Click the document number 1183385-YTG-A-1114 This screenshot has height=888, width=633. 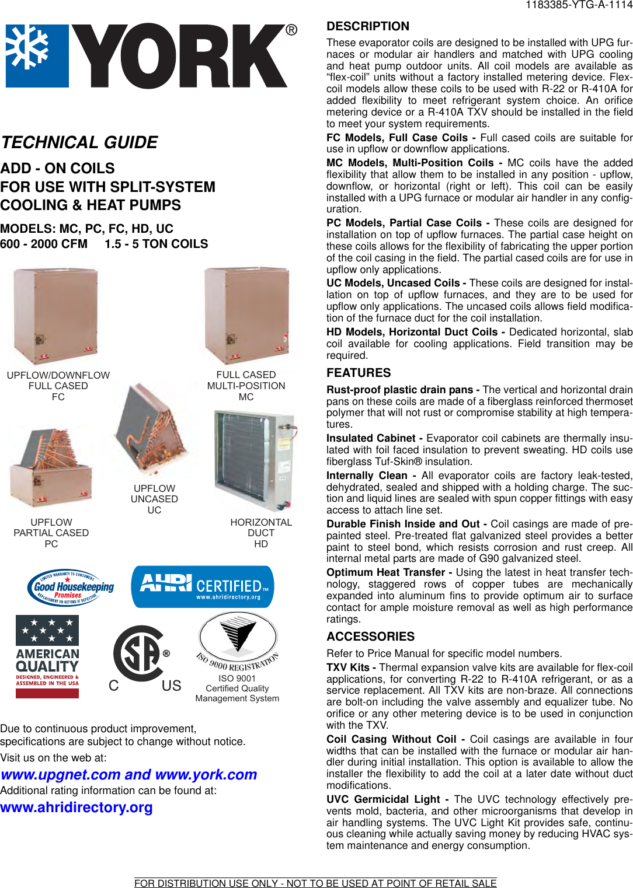(578, 5)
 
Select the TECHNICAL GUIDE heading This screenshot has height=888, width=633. (79, 142)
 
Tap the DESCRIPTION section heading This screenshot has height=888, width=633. (368, 26)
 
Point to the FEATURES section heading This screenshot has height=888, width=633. (359, 373)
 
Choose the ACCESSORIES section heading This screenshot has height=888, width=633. (370, 637)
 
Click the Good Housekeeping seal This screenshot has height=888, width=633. (71, 588)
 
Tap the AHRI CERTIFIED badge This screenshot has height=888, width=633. (203, 587)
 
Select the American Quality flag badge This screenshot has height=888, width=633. (47, 657)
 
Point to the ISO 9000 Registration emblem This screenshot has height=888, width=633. (238, 642)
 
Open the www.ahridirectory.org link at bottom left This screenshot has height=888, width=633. (76, 807)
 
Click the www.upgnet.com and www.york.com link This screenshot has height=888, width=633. (128, 775)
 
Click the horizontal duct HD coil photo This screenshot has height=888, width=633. (255, 460)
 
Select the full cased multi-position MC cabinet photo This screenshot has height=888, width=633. (247, 316)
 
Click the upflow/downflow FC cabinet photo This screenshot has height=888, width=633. (56, 316)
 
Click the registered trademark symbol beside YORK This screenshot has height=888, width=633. (291, 30)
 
